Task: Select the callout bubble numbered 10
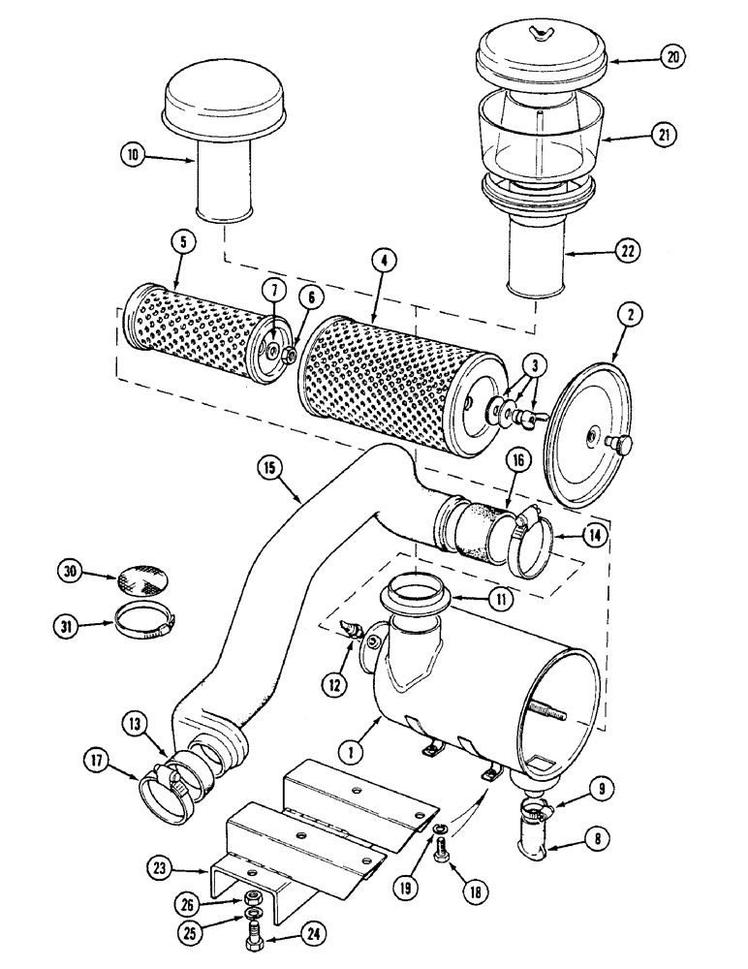point(133,153)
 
